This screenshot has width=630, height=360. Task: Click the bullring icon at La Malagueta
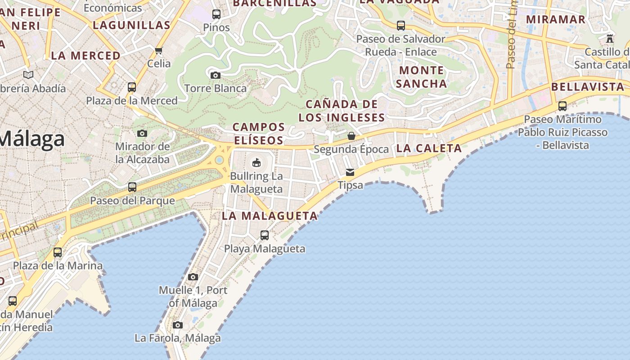tap(256, 162)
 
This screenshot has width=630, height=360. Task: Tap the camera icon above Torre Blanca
tap(216, 75)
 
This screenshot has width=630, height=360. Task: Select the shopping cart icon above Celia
tap(158, 50)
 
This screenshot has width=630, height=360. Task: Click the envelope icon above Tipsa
tap(350, 172)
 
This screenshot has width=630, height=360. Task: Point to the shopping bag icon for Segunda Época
tap(351, 136)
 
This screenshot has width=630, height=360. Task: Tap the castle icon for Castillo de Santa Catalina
tap(610, 39)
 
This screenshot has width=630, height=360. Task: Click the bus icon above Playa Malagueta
tap(265, 235)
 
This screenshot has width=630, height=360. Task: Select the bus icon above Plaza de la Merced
tap(132, 87)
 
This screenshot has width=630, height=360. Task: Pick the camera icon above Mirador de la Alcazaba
tap(142, 133)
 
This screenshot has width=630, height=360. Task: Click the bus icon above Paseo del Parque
tap(132, 187)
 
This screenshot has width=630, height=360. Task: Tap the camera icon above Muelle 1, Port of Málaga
tap(193, 277)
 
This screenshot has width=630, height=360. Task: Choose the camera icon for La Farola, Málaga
tap(178, 325)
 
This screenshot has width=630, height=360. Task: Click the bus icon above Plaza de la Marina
tap(58, 252)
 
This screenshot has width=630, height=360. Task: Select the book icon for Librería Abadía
tap(28, 75)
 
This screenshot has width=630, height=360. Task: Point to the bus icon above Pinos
tap(216, 14)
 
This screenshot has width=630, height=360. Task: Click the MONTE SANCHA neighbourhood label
tap(421, 77)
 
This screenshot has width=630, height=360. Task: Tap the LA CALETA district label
tap(429, 148)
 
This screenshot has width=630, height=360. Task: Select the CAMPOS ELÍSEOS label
tap(258, 134)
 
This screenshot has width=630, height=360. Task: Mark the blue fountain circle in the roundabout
tap(219, 160)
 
